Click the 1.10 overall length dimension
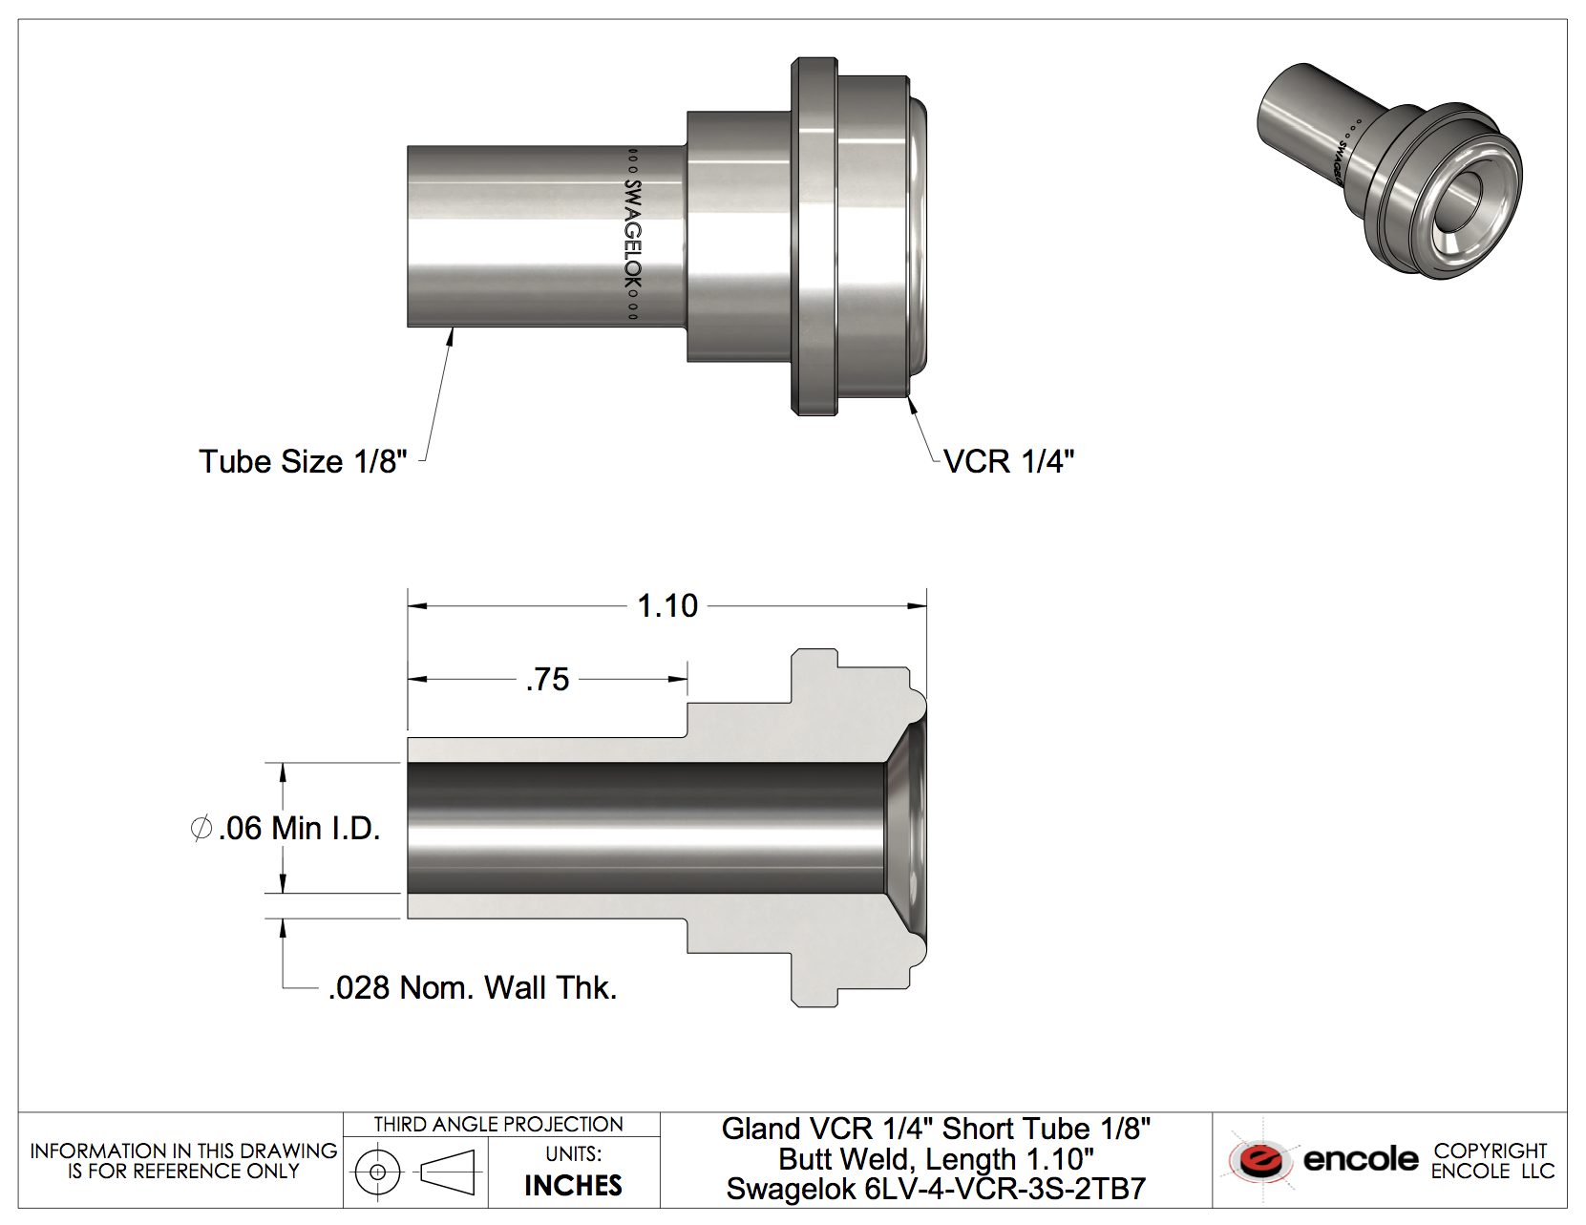point(667,605)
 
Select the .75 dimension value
point(547,679)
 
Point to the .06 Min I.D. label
point(299,828)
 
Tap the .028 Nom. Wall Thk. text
point(473,987)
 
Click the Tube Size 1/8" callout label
point(303,461)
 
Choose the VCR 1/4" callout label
point(1008,461)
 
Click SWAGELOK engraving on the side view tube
point(632,234)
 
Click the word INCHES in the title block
point(573,1185)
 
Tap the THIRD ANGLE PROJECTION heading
point(498,1124)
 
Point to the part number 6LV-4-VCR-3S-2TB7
point(1004,1189)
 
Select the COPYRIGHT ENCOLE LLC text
point(1491,1160)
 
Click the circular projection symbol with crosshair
point(377,1172)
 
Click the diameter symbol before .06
point(201,828)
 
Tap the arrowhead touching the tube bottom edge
point(450,335)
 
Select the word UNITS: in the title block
point(573,1153)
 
